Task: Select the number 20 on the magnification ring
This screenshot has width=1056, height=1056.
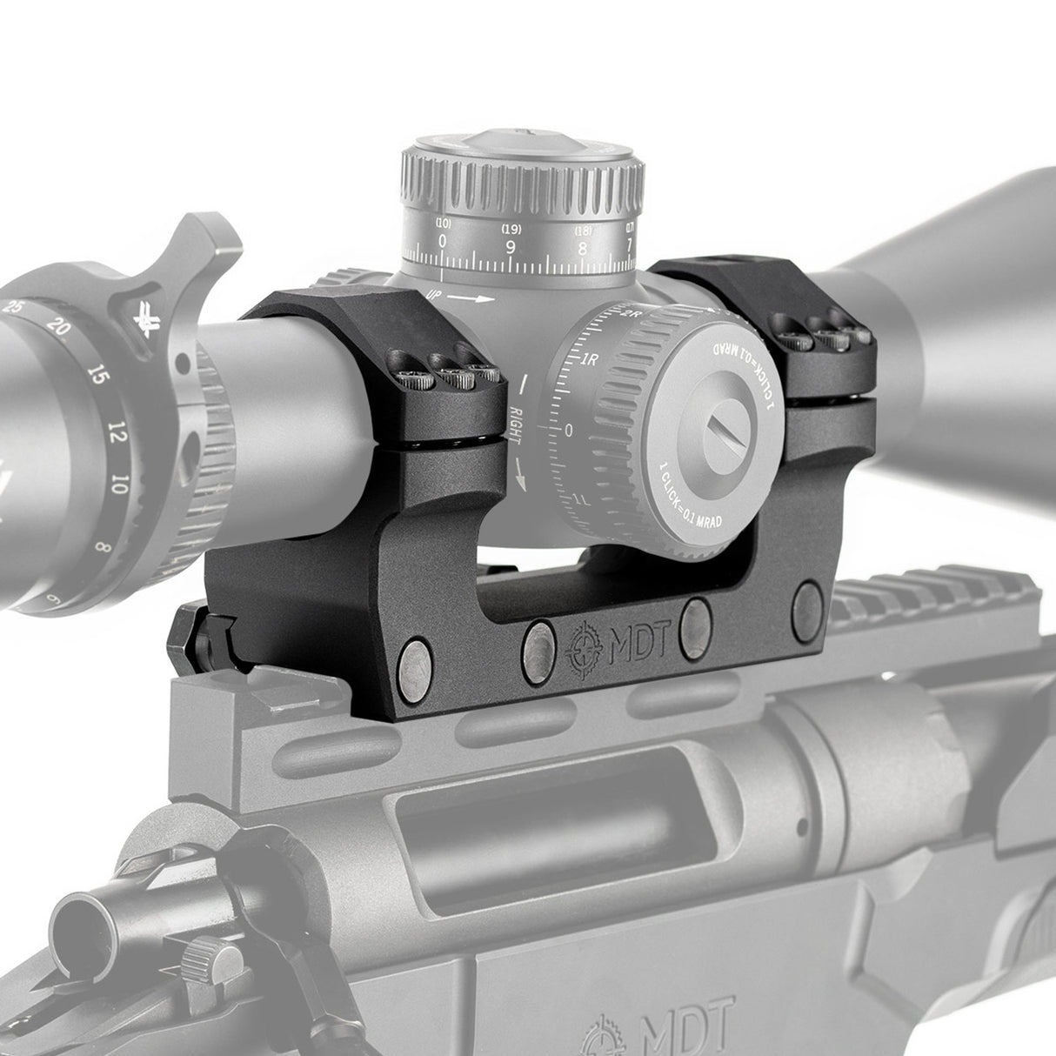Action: (59, 329)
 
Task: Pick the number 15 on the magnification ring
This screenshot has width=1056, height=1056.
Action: (98, 377)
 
